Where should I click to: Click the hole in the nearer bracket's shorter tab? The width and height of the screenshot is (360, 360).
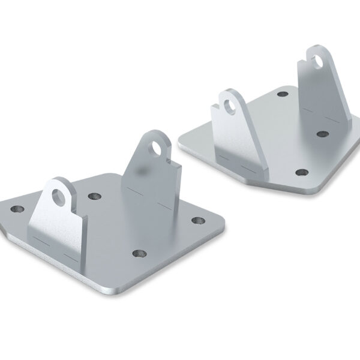[x=59, y=196]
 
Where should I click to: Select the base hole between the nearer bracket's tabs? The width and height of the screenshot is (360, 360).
[x=93, y=196]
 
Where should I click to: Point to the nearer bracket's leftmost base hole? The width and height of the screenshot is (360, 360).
[x=17, y=209]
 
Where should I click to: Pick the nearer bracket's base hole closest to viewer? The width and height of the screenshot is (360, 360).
[x=140, y=254]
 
